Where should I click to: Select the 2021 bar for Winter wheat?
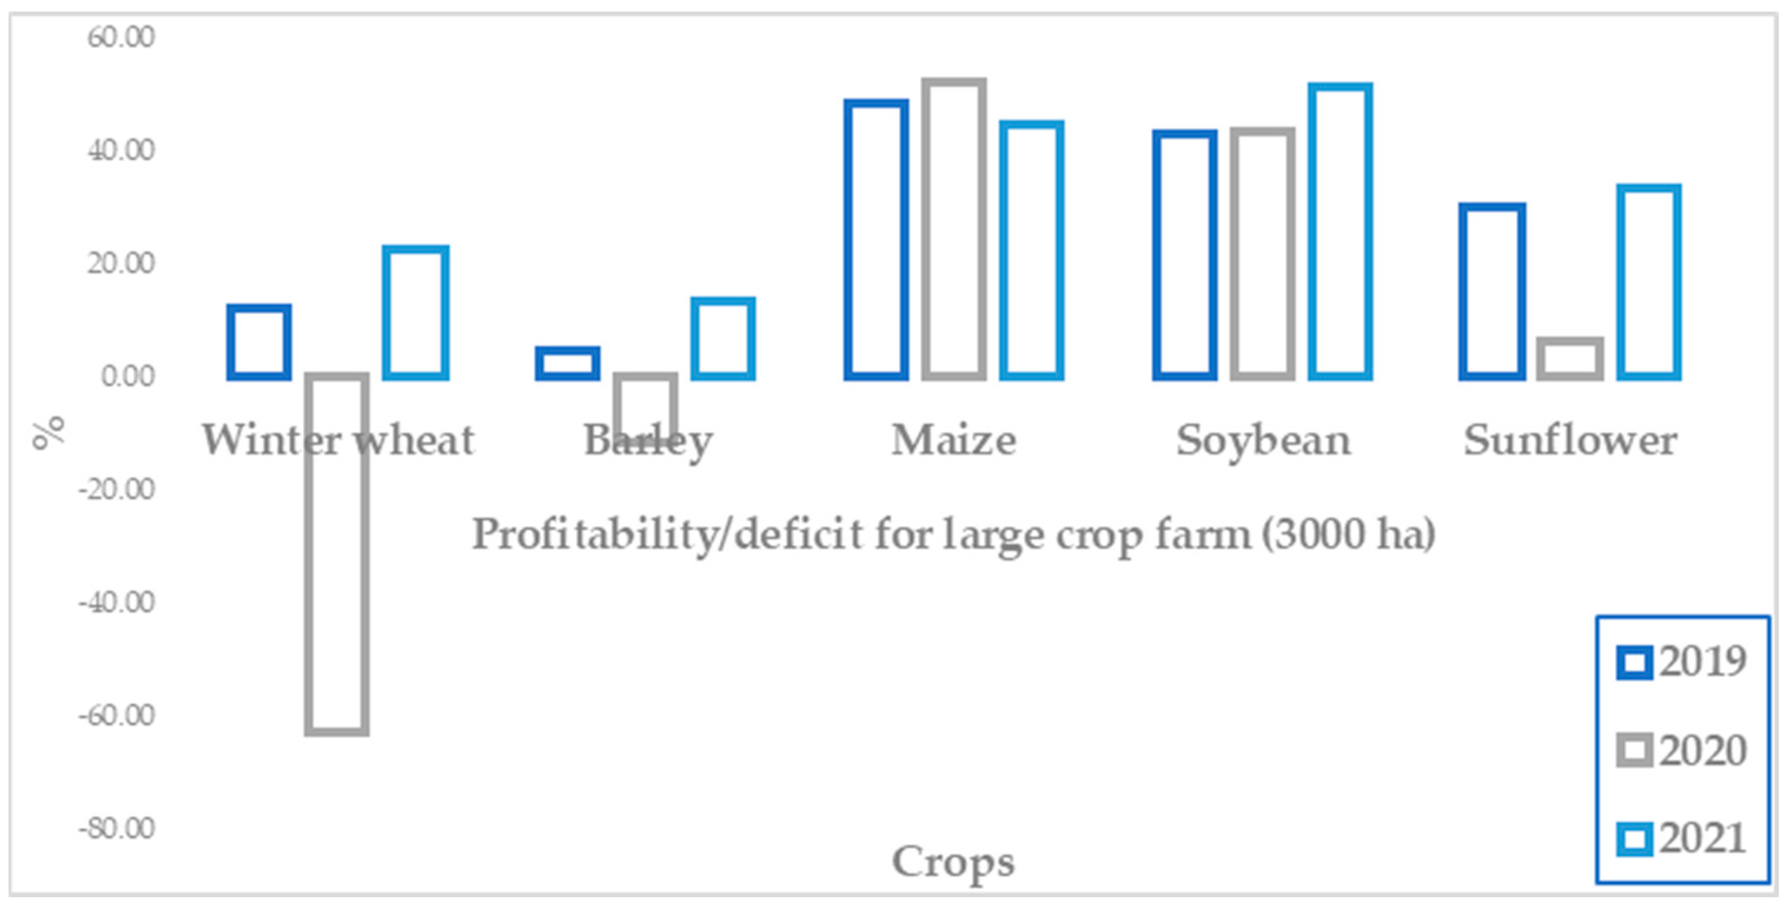point(416,313)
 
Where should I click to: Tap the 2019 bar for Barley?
point(568,363)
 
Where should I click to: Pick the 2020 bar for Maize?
point(954,230)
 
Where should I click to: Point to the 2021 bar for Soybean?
point(1340,231)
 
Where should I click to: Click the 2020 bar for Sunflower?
point(1570,359)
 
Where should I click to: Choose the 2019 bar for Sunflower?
point(1492,292)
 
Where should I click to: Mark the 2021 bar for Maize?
point(1032,250)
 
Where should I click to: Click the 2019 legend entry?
point(1681,662)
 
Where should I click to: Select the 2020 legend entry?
point(1681,751)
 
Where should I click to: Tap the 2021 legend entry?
point(1681,839)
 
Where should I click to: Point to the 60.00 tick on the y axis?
point(120,37)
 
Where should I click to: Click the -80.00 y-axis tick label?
point(116,828)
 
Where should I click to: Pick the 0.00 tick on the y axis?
point(127,376)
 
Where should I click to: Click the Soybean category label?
point(1263,440)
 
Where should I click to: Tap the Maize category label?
point(954,440)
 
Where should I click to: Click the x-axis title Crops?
point(953,862)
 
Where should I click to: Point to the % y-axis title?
point(49,432)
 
